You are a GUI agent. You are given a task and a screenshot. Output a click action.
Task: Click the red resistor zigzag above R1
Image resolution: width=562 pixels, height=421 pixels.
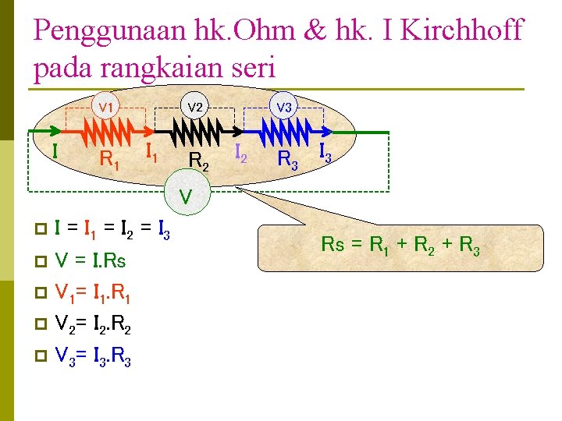click(108, 133)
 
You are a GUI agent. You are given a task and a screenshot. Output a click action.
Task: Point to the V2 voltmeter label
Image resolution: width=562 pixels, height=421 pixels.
click(195, 106)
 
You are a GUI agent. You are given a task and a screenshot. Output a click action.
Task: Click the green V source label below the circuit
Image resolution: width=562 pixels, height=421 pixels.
click(186, 196)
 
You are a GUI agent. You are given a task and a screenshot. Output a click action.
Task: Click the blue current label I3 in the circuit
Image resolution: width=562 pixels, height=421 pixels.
click(325, 155)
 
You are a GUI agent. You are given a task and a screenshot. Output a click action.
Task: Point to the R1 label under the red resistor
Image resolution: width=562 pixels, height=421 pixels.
click(110, 161)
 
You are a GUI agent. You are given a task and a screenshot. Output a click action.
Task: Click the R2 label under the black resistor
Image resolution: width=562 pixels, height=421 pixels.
click(199, 161)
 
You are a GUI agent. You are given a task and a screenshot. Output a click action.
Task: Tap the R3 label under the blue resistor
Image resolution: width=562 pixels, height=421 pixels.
click(289, 161)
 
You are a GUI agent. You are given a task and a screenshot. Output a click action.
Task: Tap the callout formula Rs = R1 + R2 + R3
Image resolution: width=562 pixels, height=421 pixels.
click(400, 246)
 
